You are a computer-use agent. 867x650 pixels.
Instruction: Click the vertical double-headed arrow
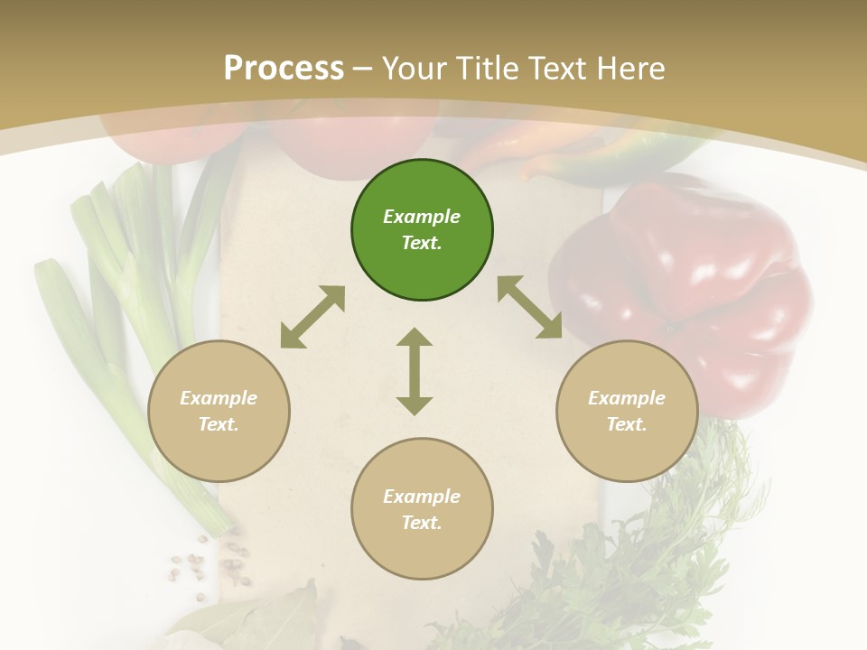coord(415,371)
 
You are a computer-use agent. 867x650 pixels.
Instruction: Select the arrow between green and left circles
coord(312,317)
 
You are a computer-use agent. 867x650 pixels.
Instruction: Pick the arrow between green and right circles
coord(530,307)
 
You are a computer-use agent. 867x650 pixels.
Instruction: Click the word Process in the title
coord(284,68)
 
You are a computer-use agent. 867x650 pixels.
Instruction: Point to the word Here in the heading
coord(631,68)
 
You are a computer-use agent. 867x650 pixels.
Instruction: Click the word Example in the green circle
coord(422,217)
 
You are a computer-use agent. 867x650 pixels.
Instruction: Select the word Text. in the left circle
coord(219,424)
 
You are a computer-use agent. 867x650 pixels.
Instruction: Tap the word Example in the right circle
coord(627,398)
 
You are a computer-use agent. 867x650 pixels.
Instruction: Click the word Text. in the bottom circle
coord(422,523)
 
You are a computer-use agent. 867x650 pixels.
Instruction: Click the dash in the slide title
coord(363,69)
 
